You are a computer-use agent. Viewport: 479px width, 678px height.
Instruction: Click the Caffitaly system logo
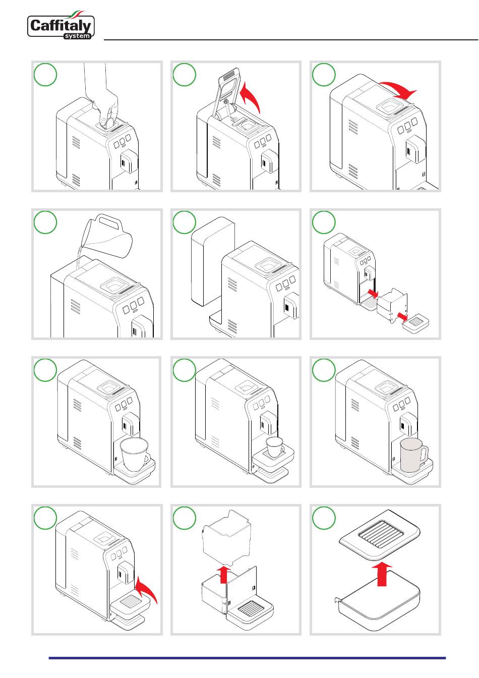(x=61, y=25)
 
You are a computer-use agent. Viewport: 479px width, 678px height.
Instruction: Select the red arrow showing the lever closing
(x=398, y=90)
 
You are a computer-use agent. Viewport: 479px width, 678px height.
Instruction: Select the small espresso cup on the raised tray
(x=275, y=446)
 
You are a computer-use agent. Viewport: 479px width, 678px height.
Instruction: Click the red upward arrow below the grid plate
(x=382, y=574)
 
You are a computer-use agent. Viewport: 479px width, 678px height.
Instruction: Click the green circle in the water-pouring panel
(x=45, y=222)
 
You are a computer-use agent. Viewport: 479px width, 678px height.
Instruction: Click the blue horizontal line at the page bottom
(x=247, y=658)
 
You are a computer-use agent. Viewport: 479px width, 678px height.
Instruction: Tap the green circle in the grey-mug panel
(x=324, y=370)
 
